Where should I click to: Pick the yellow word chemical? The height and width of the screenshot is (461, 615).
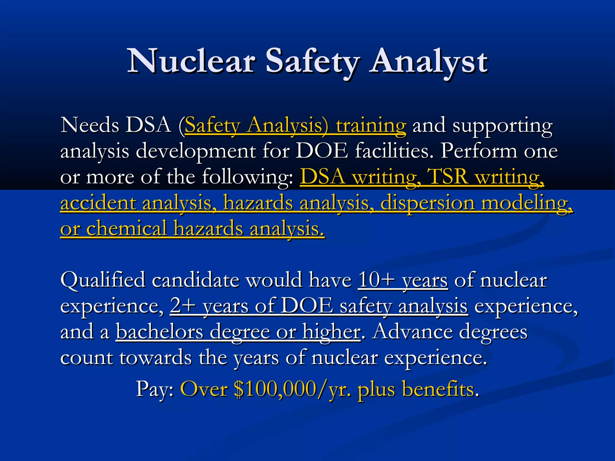126,228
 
